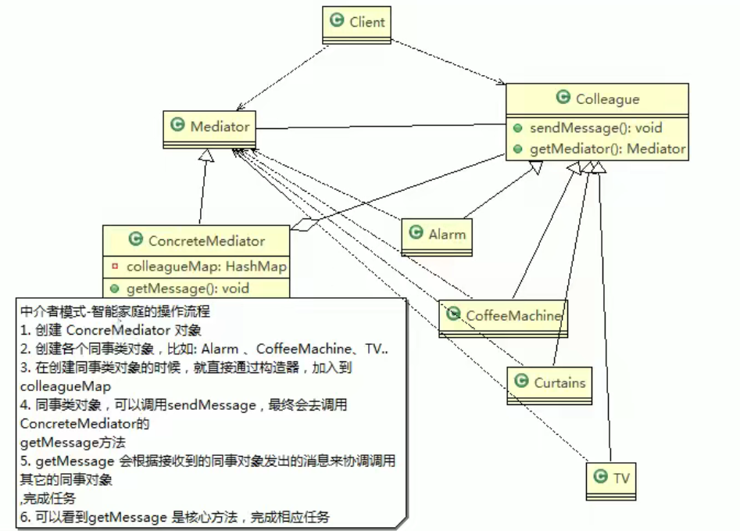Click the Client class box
356,23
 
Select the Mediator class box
211,126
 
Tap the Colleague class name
607,99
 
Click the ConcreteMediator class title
206,241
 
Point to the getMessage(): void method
188,289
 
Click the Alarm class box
437,234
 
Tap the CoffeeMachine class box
502,316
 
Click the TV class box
612,476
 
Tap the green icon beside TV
601,476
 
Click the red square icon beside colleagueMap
115,267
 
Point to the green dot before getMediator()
518,149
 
